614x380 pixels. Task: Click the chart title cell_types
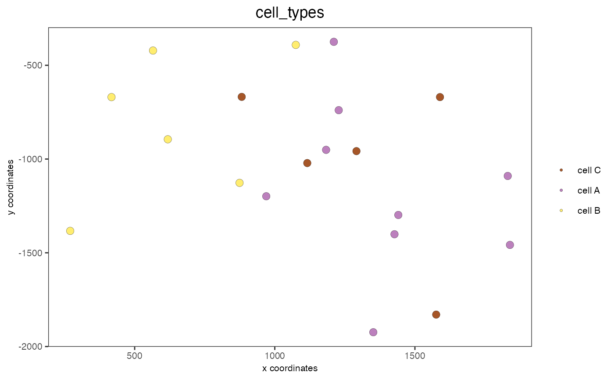[x=289, y=13]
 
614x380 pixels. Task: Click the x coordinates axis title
[x=289, y=368]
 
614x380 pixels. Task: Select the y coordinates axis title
[x=11, y=187]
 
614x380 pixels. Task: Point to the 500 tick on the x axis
[x=135, y=355]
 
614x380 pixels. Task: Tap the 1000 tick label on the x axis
[x=275, y=355]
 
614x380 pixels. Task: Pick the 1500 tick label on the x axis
[x=415, y=355]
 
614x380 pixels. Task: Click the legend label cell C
[x=589, y=170]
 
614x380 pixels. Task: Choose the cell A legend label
[x=589, y=190]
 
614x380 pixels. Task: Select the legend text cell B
[x=589, y=211]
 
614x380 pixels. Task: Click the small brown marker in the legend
[x=561, y=170]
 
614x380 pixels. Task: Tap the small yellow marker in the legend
[x=561, y=211]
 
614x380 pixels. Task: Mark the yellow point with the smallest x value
[x=70, y=231]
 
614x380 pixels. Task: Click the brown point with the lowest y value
[x=436, y=315]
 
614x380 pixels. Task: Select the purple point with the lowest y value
[x=373, y=332]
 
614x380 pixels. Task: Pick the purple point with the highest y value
[x=334, y=42]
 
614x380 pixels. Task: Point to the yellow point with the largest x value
[x=296, y=45]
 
